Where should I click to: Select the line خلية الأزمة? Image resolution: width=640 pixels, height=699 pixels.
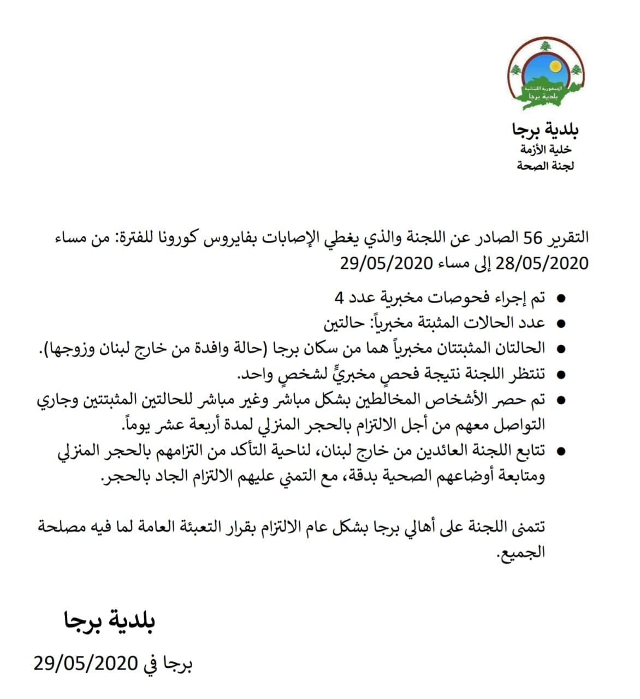[546, 149]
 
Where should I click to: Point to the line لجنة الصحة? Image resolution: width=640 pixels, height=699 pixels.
[546, 165]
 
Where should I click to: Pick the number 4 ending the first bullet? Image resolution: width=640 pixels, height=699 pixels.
[340, 298]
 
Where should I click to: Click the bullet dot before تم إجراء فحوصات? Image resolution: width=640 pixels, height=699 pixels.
[560, 299]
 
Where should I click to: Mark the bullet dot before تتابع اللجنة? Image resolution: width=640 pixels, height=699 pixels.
[560, 452]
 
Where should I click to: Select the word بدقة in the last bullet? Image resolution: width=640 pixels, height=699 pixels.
[358, 476]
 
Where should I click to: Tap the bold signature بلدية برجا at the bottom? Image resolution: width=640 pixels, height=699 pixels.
[109, 621]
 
